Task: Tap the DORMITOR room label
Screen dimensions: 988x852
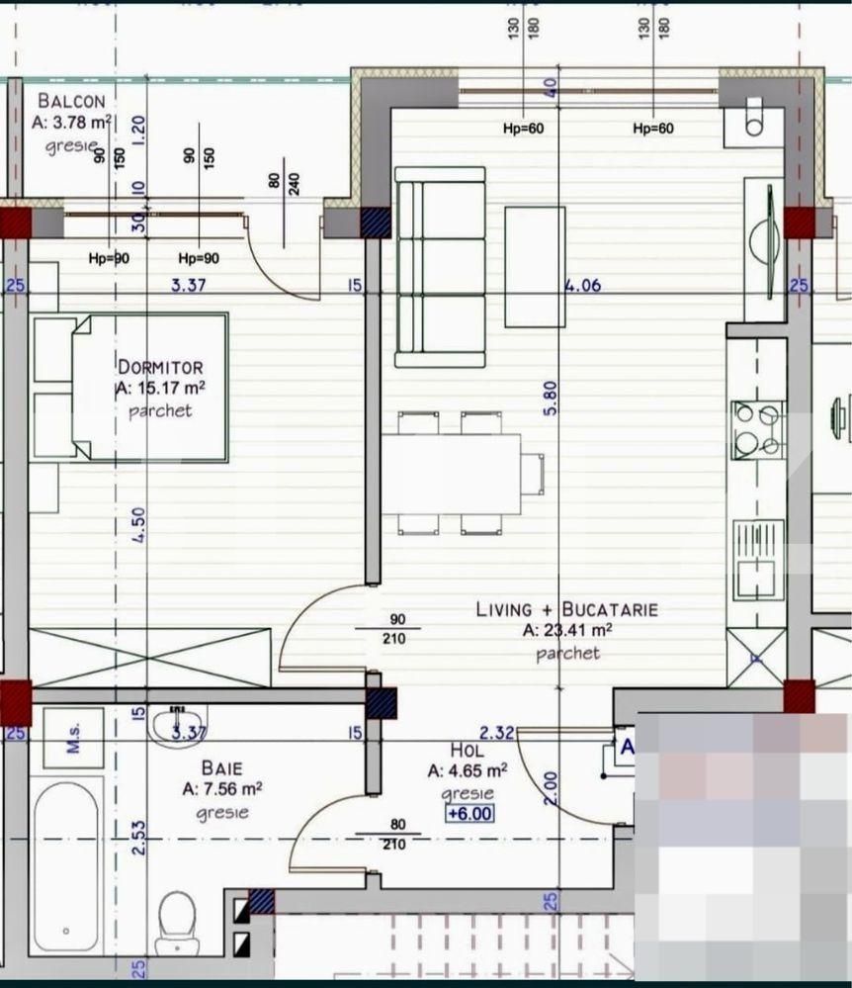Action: [160, 366]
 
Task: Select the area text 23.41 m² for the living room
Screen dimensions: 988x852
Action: [567, 630]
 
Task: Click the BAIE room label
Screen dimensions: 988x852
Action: [221, 767]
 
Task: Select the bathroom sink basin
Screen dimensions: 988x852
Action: [179, 727]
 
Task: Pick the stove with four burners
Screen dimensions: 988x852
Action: [756, 430]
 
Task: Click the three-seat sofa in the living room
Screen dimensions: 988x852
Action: [440, 267]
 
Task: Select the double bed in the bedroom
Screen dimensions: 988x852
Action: [148, 388]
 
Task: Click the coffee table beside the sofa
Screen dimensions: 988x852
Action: [535, 266]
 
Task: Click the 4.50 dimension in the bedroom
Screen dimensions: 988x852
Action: [139, 524]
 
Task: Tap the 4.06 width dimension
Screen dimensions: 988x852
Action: [583, 287]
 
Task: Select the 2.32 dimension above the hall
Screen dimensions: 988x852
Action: [495, 733]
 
